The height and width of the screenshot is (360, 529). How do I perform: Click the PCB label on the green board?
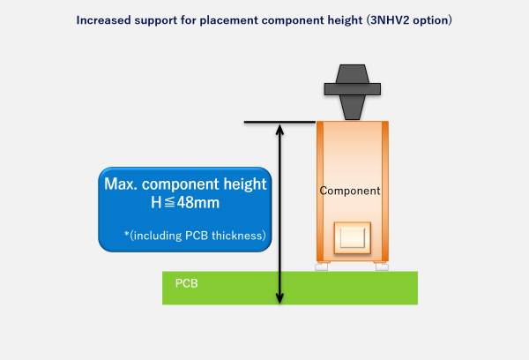(x=186, y=283)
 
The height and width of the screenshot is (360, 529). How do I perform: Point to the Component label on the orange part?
(x=350, y=191)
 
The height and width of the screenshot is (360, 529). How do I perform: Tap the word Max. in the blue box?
(x=123, y=185)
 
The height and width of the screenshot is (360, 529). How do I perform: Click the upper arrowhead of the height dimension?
(x=279, y=129)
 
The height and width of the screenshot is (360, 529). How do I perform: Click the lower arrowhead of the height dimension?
(x=279, y=298)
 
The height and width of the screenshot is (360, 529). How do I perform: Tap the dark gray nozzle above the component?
(x=352, y=87)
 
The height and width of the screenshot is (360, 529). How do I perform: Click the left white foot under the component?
(x=322, y=266)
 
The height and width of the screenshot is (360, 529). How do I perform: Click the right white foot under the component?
(x=382, y=266)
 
